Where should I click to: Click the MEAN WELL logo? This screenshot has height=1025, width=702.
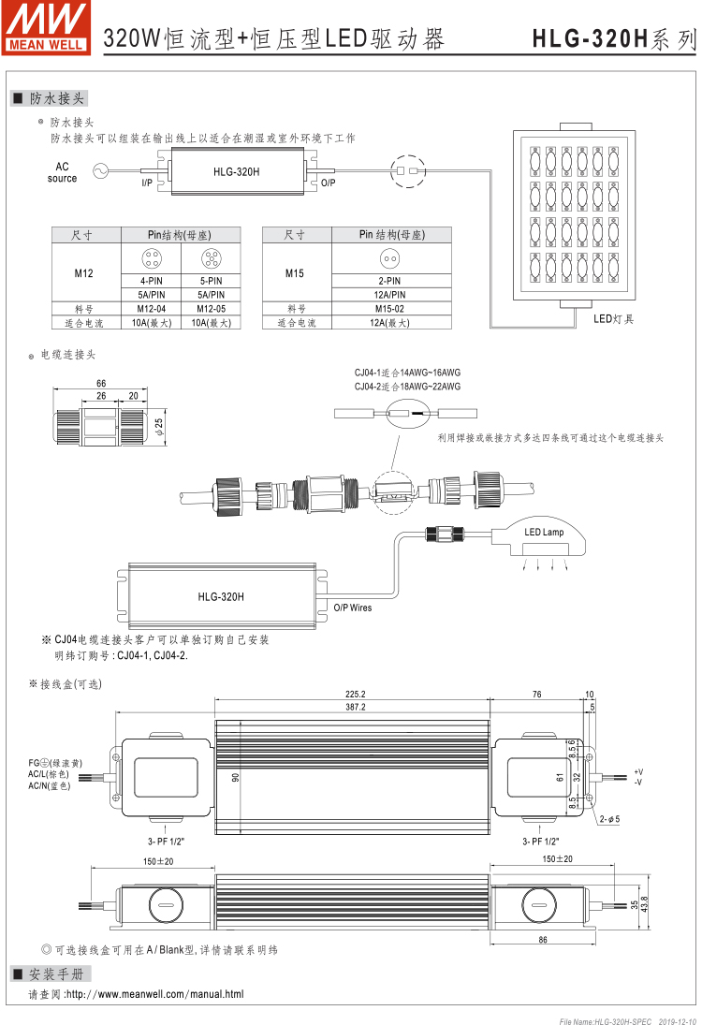[47, 28]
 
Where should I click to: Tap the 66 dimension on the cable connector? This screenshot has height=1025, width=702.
[101, 384]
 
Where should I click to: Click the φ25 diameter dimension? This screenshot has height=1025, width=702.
[160, 426]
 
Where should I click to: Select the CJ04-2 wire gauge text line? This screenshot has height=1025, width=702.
[407, 386]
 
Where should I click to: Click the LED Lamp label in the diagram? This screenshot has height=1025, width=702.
[544, 533]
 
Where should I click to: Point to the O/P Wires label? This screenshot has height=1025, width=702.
[353, 608]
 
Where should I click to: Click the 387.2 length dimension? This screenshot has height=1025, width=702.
[355, 707]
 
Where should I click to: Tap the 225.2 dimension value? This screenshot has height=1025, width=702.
[355, 695]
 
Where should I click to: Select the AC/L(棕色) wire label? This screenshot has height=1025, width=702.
[49, 774]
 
